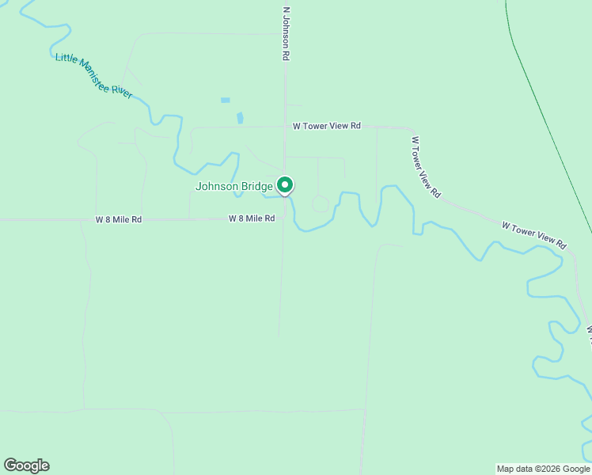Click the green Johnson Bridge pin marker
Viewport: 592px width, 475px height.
pos(285,185)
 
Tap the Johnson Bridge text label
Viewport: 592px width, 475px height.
pos(234,187)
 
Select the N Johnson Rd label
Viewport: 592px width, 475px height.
pos(287,36)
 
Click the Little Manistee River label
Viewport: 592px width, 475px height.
pos(93,76)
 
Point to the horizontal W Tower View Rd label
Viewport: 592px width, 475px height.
pos(327,126)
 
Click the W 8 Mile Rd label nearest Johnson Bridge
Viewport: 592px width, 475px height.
pos(252,218)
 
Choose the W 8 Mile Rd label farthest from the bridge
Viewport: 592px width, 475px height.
pos(119,219)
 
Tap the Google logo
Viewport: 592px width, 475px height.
pos(26,465)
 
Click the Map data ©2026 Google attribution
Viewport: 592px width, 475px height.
pos(543,469)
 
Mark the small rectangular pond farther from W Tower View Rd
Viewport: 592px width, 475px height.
pos(226,101)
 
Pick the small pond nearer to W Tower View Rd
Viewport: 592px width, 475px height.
pos(240,118)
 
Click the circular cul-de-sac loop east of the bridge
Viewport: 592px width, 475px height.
pos(320,204)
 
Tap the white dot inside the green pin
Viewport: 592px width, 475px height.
pos(285,184)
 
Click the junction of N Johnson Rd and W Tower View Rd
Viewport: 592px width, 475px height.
pos(286,126)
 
